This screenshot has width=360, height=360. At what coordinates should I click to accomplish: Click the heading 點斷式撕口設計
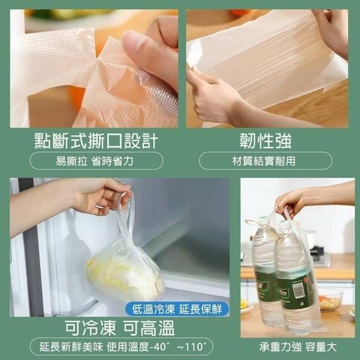(96, 141)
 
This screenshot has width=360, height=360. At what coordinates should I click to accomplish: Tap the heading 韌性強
(265, 141)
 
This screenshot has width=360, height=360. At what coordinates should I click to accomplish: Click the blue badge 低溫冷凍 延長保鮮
(177, 310)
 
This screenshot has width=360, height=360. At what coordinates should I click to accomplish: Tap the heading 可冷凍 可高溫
(120, 328)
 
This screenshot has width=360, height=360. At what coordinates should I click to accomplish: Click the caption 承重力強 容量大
(298, 347)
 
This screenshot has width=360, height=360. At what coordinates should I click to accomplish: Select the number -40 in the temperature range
(160, 347)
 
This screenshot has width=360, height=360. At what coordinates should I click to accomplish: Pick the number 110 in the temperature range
(193, 347)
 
